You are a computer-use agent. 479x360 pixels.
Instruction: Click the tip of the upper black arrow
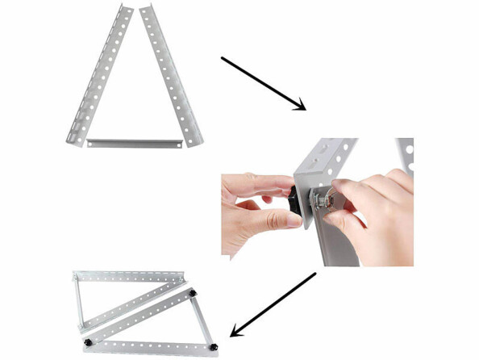(305, 109)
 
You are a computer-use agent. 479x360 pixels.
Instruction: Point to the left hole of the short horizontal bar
(95, 143)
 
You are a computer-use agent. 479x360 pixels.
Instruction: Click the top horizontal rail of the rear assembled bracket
(129, 276)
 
